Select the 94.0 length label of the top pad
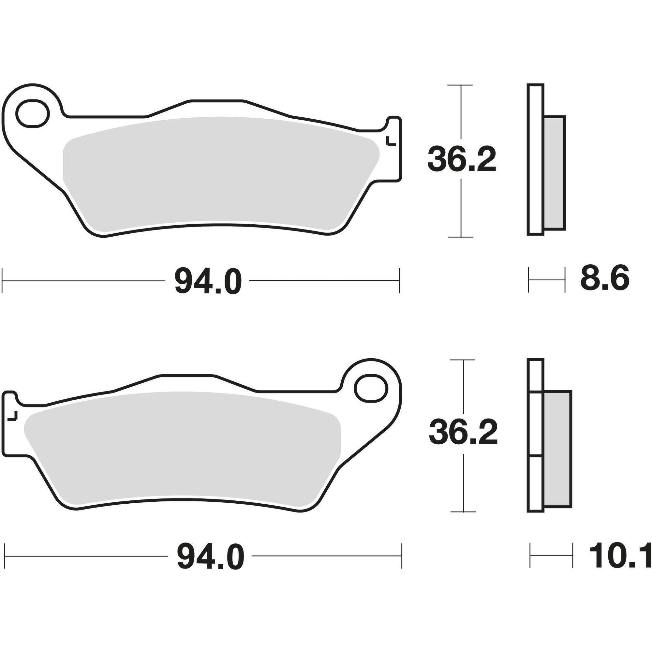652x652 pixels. click(208, 280)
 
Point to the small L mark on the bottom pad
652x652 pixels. click(13, 416)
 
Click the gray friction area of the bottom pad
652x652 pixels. click(182, 445)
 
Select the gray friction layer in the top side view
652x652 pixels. click(555, 173)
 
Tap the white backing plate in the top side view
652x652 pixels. click(536, 159)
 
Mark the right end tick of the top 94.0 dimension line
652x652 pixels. click(399, 280)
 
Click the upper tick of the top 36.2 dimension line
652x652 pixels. click(460, 85)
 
